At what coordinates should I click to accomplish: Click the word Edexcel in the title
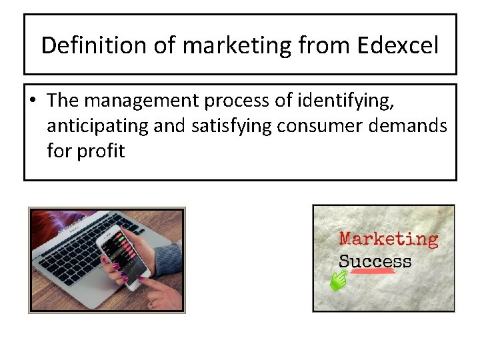coord(397,45)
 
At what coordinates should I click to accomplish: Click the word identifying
coord(343,101)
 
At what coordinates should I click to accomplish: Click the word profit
coord(100,151)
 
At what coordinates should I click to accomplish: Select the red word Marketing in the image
coord(389,239)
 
